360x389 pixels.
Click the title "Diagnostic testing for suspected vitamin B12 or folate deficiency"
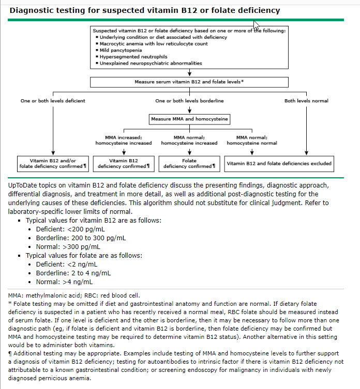tap(145, 10)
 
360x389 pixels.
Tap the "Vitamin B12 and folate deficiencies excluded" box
tap(279, 163)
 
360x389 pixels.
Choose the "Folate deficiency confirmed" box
tap(189, 164)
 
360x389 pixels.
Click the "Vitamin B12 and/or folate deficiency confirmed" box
tap(53, 164)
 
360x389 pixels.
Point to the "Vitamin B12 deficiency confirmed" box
tap(124, 164)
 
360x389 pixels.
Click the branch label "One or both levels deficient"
tap(53, 101)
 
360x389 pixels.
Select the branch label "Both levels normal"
tap(306, 101)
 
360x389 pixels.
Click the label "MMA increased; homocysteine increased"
tap(124, 140)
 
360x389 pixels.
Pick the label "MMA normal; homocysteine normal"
tap(252, 140)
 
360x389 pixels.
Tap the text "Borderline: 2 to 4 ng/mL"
tap(73, 273)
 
